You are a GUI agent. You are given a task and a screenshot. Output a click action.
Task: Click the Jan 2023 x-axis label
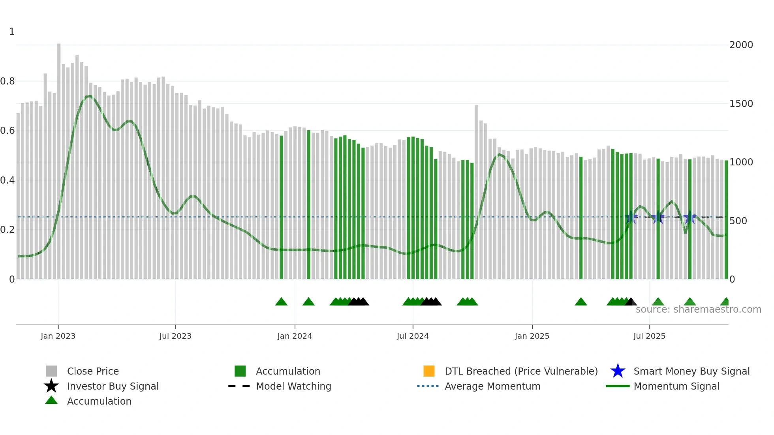[x=58, y=336]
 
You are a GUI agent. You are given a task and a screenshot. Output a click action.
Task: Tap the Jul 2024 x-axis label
[x=413, y=336]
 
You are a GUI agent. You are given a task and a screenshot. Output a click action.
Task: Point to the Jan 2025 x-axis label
[x=532, y=336]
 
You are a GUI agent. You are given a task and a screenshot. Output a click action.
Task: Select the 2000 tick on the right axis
[x=741, y=45]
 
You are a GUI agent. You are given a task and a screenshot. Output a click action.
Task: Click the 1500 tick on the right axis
[x=741, y=104]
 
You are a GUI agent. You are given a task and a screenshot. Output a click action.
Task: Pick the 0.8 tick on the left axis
[x=8, y=81]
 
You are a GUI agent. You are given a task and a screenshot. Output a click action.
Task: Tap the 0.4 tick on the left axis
[x=8, y=180]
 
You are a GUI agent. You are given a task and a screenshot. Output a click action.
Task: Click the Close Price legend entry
[x=93, y=371]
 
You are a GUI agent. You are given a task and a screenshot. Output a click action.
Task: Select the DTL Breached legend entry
[x=521, y=371]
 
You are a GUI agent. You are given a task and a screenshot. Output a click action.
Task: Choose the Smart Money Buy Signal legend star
[x=618, y=371]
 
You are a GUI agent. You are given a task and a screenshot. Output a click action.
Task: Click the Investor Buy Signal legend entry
[x=113, y=386]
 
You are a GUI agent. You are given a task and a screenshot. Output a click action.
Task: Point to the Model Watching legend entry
[x=293, y=386]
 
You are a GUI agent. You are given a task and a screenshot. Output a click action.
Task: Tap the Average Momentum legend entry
[x=492, y=386]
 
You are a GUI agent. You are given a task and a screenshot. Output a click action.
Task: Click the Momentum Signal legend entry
[x=676, y=386]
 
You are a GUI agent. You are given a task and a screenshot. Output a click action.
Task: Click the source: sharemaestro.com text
[x=698, y=309]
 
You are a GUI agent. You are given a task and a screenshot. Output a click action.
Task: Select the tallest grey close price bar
[x=59, y=158]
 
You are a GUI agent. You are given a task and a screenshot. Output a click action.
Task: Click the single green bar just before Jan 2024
[x=282, y=205]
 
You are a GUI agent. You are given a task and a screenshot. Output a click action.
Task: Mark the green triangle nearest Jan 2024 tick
[x=308, y=302]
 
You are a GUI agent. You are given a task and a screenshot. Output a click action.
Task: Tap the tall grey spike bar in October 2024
[x=477, y=189]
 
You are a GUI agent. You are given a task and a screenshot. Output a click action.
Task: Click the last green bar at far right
[x=726, y=217]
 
